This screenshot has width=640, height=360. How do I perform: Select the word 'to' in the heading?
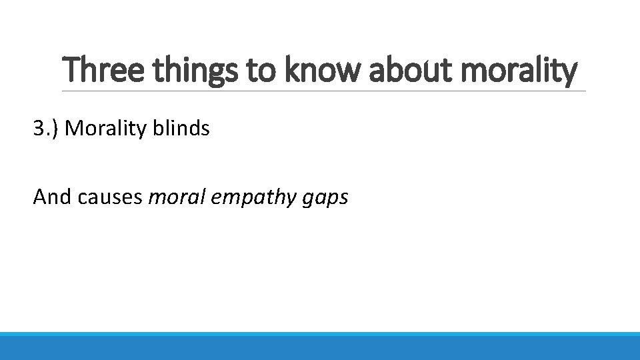click(261, 71)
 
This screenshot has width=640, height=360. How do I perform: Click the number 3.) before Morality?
click(46, 128)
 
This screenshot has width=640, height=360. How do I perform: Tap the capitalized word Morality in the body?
click(106, 128)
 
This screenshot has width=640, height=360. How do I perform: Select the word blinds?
click(181, 128)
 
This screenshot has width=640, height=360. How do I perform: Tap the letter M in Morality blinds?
click(74, 128)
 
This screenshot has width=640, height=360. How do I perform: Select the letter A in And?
click(39, 197)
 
